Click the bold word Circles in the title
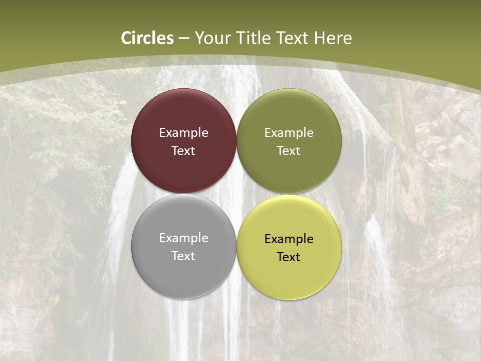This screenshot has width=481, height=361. click(147, 38)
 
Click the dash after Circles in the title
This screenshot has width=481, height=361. click(184, 39)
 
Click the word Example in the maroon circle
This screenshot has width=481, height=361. click(183, 132)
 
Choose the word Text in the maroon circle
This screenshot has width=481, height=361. click(183, 150)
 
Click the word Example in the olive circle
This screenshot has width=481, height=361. click(289, 132)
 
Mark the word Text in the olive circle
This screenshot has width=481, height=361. click(289, 150)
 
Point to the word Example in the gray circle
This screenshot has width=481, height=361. click(183, 238)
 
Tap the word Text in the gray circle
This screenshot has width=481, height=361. click(183, 256)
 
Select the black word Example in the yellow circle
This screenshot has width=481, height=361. click(289, 239)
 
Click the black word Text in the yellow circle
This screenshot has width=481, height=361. click(289, 257)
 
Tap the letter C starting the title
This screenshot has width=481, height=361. click(127, 38)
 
